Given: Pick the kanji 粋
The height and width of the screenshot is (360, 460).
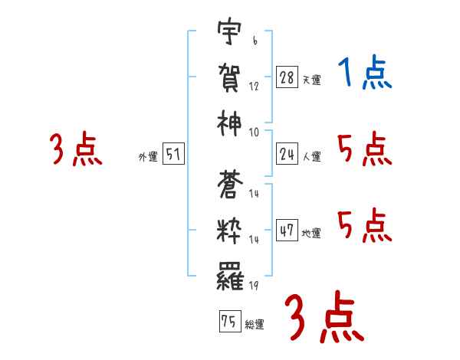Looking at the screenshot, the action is tap(230, 229).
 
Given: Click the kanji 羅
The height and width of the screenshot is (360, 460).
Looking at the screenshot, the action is tap(230, 273).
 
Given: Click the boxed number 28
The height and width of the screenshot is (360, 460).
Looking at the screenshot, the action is tap(287, 78).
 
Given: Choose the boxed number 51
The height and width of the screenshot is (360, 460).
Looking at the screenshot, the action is tap(173, 155).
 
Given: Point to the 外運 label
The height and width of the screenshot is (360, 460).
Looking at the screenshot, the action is tap(147, 157).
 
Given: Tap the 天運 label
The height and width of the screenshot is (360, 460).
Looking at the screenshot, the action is tap(311, 80).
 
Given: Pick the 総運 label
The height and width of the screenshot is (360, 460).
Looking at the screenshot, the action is tap(254, 324).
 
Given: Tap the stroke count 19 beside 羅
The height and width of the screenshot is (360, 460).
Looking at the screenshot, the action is tap(254, 285).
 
